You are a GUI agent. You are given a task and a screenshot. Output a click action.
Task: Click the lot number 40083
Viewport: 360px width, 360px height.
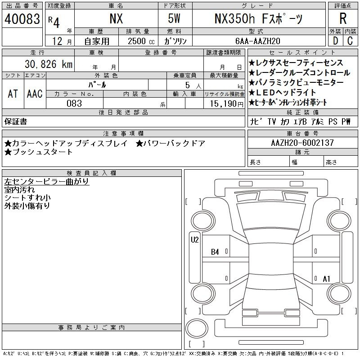click(22, 19)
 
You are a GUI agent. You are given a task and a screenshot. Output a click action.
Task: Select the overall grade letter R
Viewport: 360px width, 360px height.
click(343, 18)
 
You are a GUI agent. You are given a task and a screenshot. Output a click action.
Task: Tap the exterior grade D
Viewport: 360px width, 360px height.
click(335, 41)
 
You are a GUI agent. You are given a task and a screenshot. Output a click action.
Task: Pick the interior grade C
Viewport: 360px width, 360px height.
click(350, 41)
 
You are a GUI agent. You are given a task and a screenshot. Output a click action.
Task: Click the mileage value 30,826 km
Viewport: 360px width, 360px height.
click(49, 64)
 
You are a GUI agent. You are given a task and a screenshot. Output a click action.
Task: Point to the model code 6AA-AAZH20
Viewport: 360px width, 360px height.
click(258, 41)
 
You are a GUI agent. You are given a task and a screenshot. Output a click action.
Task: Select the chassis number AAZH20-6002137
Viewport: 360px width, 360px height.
click(302, 143)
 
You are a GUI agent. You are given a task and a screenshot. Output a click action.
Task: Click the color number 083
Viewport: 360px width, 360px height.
click(74, 103)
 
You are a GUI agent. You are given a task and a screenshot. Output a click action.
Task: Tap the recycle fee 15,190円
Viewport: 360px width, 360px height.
click(227, 104)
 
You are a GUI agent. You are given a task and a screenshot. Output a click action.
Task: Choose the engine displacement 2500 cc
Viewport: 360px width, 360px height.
click(141, 41)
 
